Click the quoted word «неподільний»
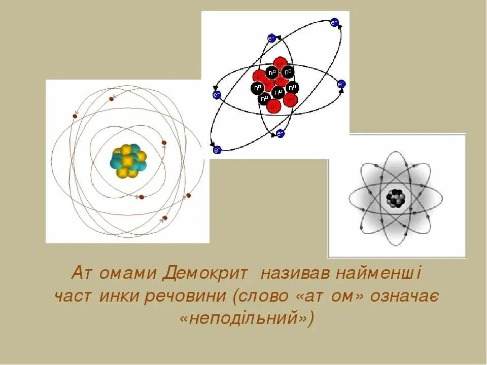tap(247, 318)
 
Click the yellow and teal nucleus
tap(128, 161)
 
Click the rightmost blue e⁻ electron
tap(341, 84)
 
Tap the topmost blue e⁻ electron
tap(334, 22)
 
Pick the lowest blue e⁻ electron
tap(217, 150)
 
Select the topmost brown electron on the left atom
tap(111, 98)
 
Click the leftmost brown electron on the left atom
tap(75, 116)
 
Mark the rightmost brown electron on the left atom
tap(188, 195)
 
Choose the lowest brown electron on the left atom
tap(164, 218)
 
